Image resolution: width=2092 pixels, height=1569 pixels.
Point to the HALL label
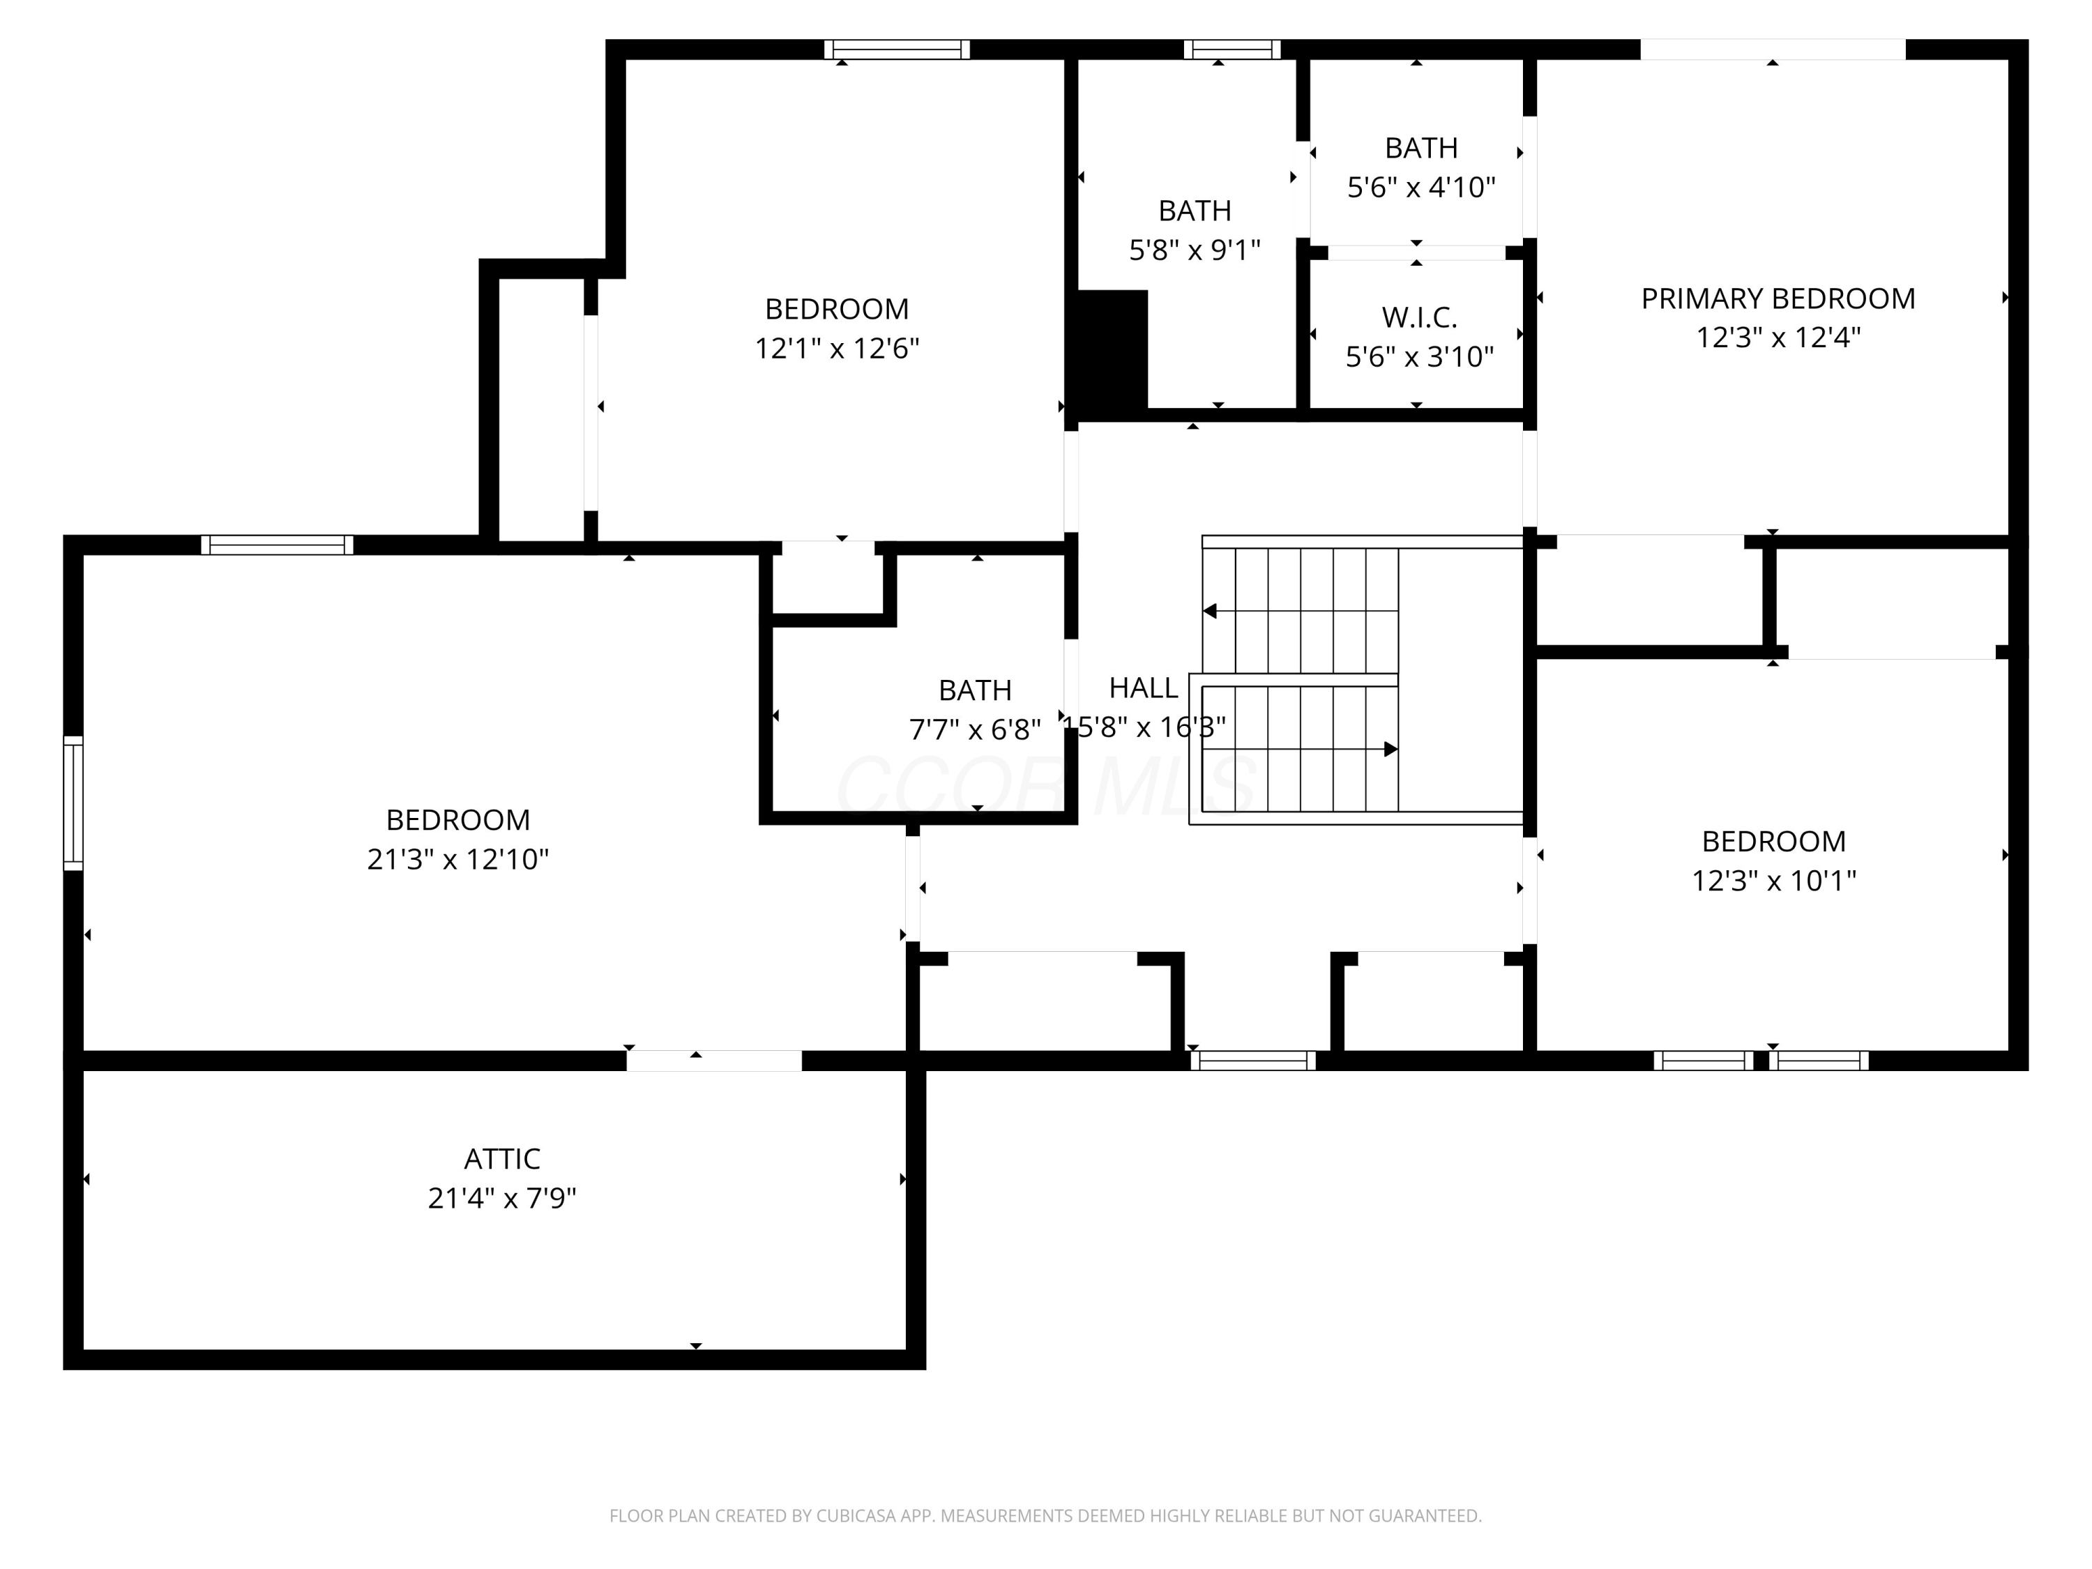tap(1144, 688)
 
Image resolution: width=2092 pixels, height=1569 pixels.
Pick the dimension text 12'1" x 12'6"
tap(837, 348)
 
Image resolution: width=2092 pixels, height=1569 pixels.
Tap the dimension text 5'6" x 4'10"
tap(1420, 188)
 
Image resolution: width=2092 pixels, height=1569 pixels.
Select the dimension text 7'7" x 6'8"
tap(975, 729)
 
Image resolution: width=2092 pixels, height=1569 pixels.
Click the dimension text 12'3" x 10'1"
tap(1773, 881)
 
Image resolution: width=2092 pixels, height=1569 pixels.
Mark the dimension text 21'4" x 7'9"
tap(502, 1198)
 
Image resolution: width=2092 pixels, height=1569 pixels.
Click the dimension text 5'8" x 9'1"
tap(1195, 250)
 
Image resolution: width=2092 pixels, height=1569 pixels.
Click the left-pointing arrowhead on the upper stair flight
tap(1210, 611)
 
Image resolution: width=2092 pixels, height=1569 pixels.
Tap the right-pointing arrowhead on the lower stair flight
tap(1391, 749)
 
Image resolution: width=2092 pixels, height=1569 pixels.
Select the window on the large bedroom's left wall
tap(73, 803)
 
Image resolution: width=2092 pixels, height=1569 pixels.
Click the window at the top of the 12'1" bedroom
tap(897, 50)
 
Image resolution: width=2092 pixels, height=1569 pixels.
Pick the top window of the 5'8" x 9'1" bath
tap(1232, 50)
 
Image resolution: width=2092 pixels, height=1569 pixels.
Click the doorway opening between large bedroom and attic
tap(714, 1060)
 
